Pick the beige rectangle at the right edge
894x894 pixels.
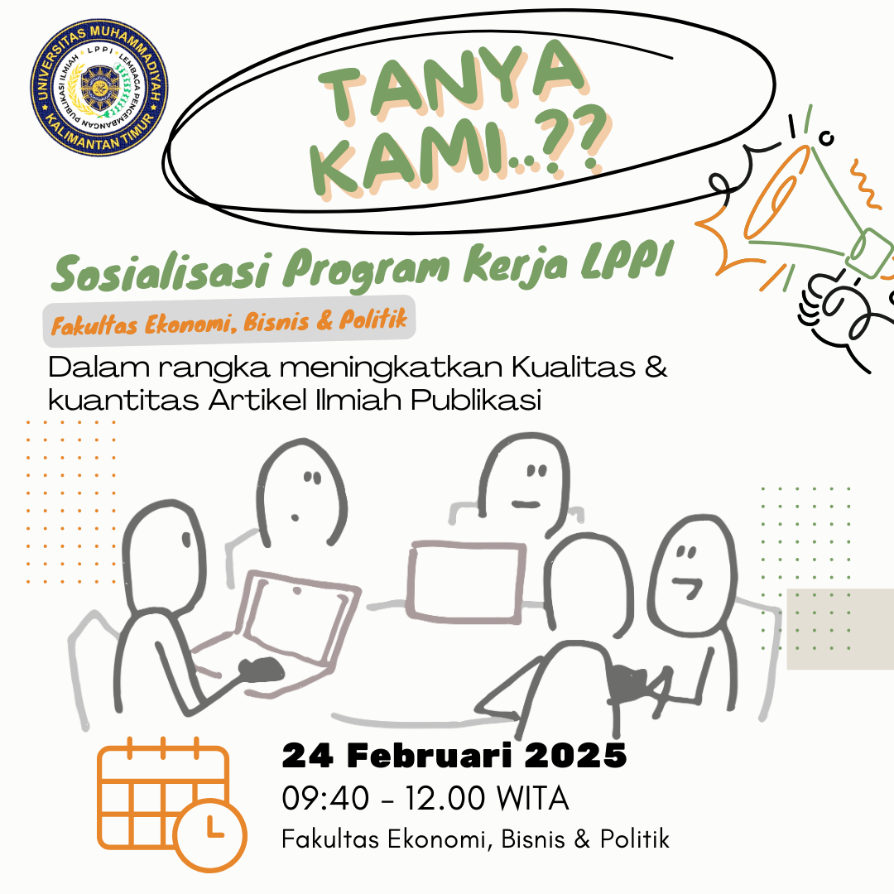[839, 629]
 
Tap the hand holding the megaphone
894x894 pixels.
[836, 310]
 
